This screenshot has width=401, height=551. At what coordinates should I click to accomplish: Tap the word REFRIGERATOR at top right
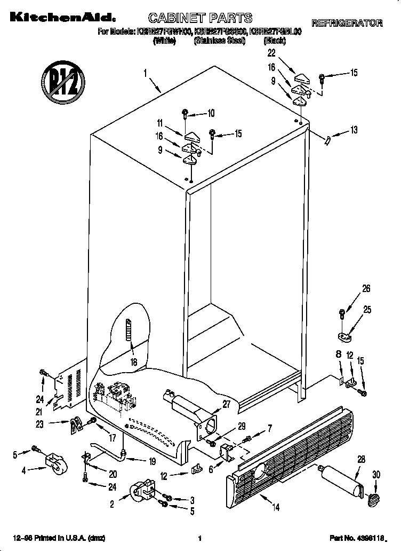coord(347,23)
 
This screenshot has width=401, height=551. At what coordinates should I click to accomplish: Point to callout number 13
coord(354,130)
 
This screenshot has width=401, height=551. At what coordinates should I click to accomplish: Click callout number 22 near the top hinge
coord(271,53)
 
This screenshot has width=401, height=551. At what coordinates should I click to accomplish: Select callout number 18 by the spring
coord(133,361)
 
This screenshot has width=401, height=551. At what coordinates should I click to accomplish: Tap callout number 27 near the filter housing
coord(227,404)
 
